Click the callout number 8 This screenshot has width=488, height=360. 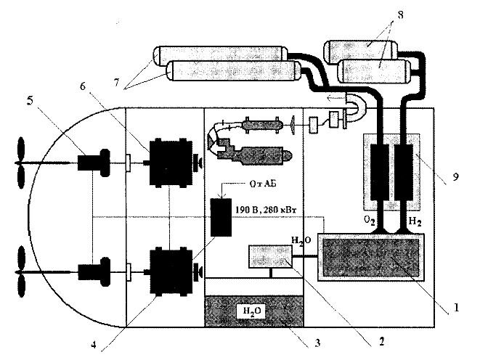pyautogui.click(x=400, y=15)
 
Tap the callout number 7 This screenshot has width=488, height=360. pyautogui.click(x=116, y=83)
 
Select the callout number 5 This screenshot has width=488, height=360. pyautogui.click(x=30, y=101)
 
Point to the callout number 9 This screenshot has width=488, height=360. pyautogui.click(x=455, y=177)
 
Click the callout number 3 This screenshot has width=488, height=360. pyautogui.click(x=317, y=343)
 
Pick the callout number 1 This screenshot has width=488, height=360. pyautogui.click(x=456, y=308)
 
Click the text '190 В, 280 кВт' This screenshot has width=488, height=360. pyautogui.click(x=266, y=210)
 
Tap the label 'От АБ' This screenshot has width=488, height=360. pyautogui.click(x=262, y=184)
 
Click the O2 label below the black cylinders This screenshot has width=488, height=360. pyautogui.click(x=370, y=221)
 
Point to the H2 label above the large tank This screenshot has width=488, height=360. pyautogui.click(x=415, y=221)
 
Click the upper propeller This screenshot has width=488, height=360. pyautogui.click(x=21, y=163)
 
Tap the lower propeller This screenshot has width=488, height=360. pyautogui.click(x=21, y=271)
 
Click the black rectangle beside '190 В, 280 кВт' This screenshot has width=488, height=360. pyautogui.click(x=221, y=217)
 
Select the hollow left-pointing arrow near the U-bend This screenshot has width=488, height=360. pyautogui.click(x=336, y=99)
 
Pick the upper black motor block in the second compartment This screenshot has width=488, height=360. pyautogui.click(x=171, y=163)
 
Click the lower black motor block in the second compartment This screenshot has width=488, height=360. pyautogui.click(x=171, y=271)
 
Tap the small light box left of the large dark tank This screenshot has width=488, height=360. pyautogui.click(x=270, y=256)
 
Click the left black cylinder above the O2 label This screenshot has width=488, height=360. pyautogui.click(x=379, y=172)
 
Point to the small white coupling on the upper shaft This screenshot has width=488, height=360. pyautogui.click(x=128, y=163)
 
